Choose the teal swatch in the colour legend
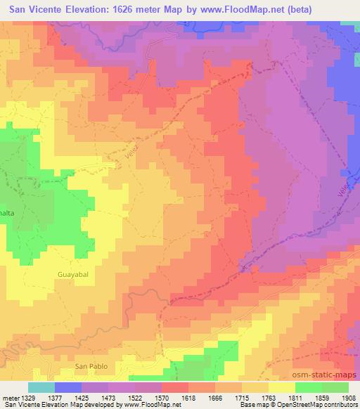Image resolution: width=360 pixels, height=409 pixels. coord(41,387)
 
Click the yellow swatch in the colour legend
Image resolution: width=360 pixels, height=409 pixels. coord(282,387)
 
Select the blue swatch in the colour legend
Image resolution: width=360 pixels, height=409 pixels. coord(68,387)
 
